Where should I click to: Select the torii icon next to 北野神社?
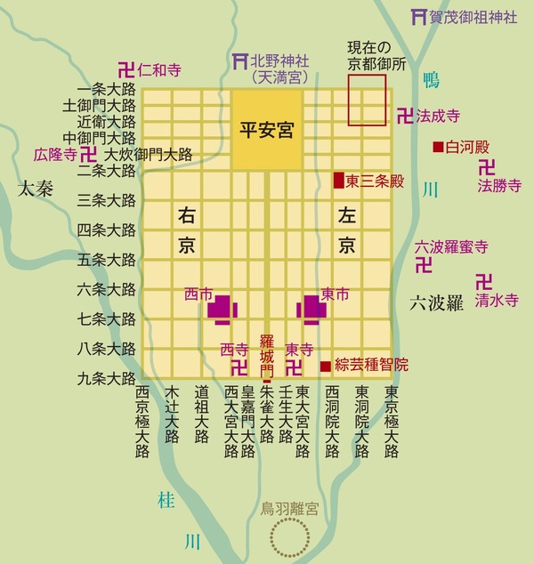238,61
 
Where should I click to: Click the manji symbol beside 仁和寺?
126,69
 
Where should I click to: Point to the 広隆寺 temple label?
52,154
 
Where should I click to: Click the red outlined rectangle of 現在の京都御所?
367,100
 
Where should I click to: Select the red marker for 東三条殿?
337,181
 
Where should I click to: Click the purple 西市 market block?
222,308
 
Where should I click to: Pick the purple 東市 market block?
311,308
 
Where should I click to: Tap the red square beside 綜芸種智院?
324,365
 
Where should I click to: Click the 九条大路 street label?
107,379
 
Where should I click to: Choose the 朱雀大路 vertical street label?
266,422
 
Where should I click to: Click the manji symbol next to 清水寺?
482,281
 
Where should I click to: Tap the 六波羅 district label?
437,302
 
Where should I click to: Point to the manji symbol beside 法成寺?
405,116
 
